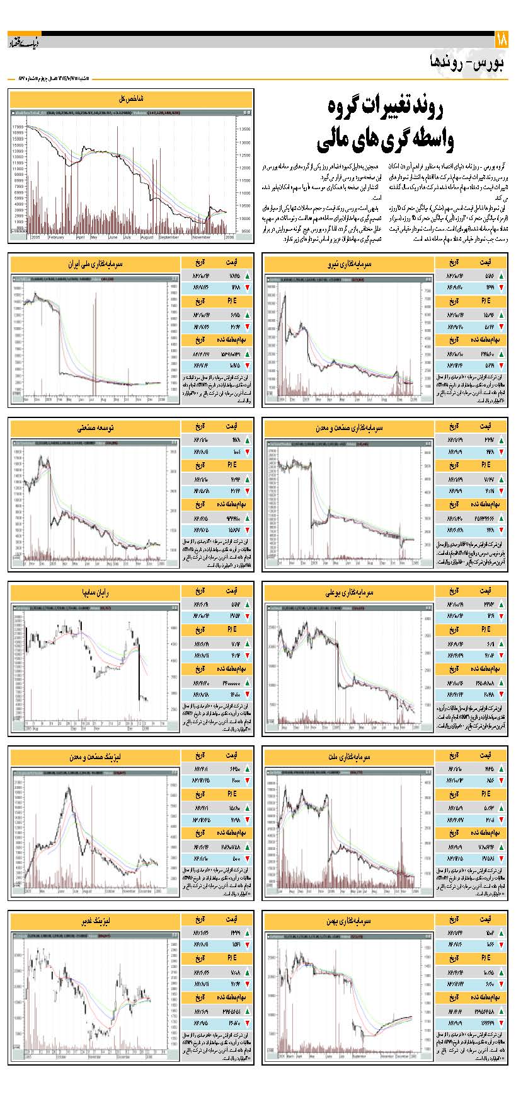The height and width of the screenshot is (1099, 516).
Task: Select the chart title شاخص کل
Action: point(131,99)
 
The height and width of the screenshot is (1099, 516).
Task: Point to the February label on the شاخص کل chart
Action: point(57,237)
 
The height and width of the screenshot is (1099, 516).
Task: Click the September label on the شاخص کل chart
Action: point(169,237)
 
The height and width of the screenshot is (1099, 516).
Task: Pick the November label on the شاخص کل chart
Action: point(202,237)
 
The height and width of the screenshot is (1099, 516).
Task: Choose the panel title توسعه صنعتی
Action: point(95,428)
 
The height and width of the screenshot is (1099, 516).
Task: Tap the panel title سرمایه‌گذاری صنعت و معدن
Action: point(349,428)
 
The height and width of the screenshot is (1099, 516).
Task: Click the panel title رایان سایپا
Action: point(95,592)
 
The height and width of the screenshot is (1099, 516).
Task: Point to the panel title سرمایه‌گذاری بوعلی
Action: point(349,592)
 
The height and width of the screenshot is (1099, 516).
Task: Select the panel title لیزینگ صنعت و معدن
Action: point(95,756)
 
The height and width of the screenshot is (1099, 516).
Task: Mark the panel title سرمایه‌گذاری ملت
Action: point(349,756)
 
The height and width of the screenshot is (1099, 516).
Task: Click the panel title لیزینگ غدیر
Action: point(95,921)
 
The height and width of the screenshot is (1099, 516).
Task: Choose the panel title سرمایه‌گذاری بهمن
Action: point(349,921)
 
